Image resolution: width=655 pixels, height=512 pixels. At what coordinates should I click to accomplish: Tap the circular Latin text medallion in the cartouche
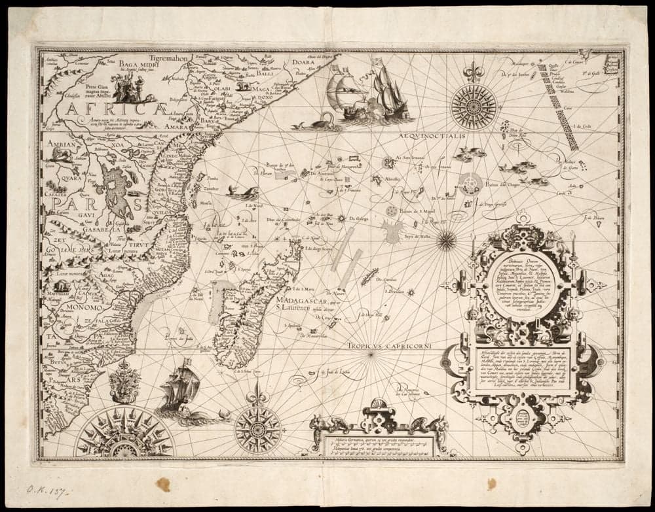click(x=523, y=286)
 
